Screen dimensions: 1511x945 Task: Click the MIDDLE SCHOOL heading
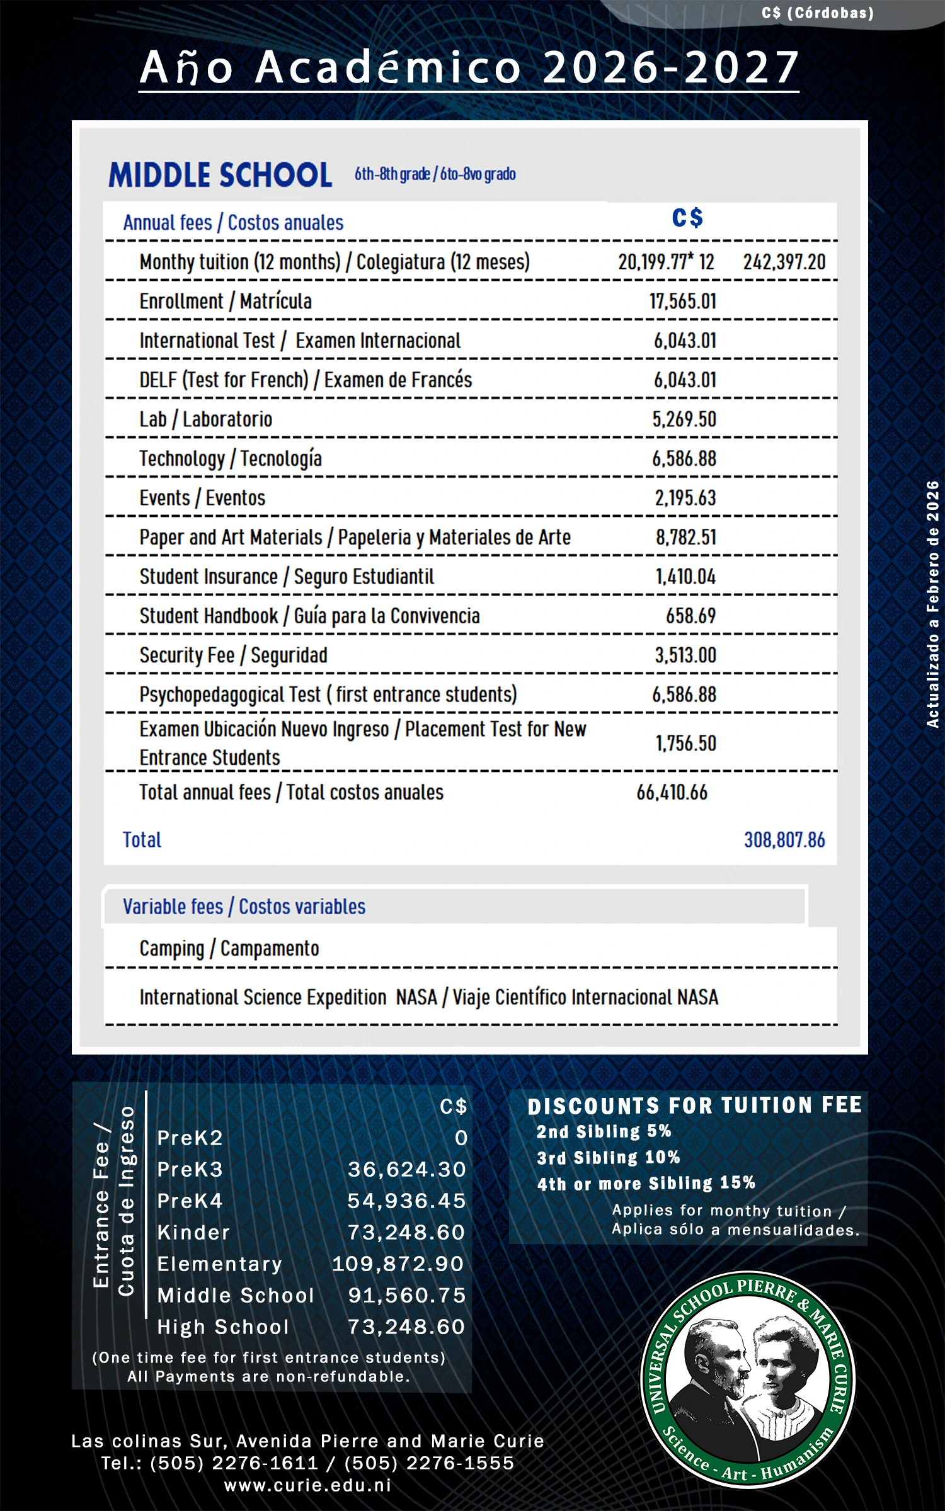point(220,174)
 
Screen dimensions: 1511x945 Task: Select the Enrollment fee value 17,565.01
point(683,301)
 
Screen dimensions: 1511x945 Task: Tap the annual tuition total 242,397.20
point(784,262)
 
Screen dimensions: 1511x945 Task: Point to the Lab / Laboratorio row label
point(205,419)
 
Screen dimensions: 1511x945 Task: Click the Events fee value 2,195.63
point(685,498)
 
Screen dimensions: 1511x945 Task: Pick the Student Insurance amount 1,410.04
point(685,577)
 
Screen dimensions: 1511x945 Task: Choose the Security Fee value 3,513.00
point(685,655)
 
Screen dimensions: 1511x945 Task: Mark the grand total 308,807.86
point(784,840)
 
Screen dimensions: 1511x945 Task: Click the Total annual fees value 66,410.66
point(672,792)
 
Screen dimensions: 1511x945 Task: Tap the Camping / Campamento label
point(229,948)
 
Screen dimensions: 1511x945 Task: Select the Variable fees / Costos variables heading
point(244,907)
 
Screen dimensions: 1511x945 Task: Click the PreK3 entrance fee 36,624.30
point(406,1170)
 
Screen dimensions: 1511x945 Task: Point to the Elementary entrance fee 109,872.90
point(398,1264)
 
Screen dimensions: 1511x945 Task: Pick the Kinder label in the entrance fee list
point(193,1233)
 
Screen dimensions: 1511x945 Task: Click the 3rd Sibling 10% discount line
point(608,1157)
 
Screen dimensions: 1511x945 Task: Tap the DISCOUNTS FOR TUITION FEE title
point(694,1106)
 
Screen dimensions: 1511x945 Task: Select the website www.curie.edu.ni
point(307,1485)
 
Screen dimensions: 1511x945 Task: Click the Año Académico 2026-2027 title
point(469,67)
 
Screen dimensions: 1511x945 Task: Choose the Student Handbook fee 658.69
point(690,616)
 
